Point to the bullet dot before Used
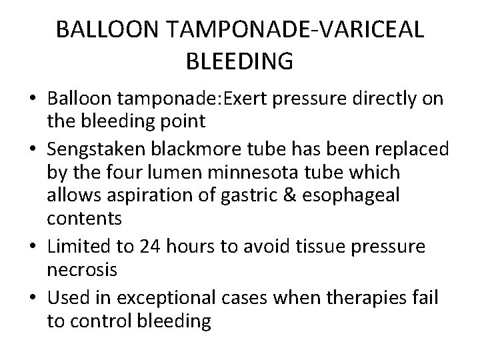tap(34, 296)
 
